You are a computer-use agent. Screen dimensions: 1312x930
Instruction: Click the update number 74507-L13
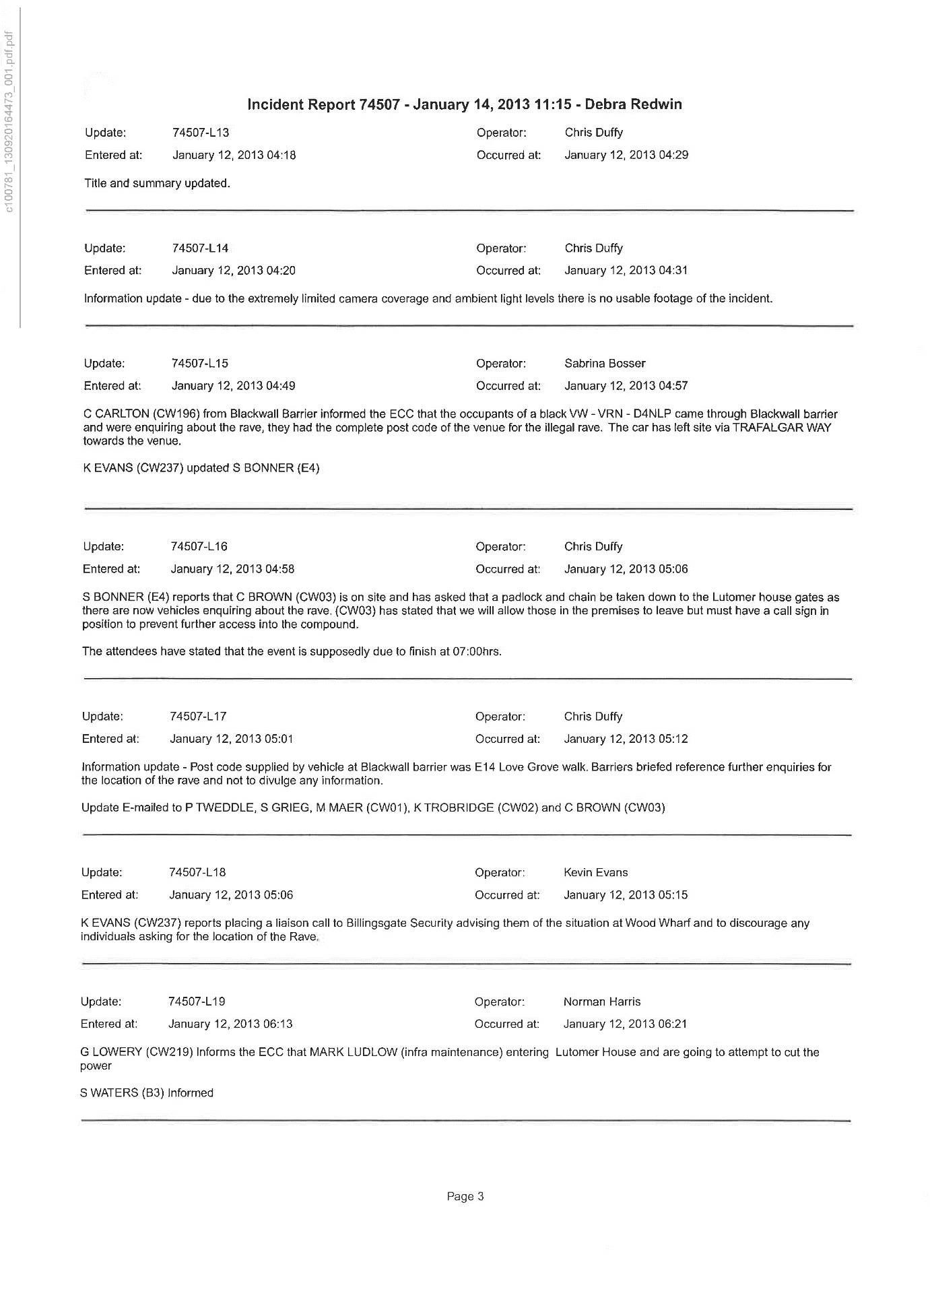click(201, 133)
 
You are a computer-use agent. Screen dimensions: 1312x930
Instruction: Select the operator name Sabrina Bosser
click(605, 364)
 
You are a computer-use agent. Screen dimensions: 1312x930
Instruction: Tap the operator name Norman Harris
click(602, 1002)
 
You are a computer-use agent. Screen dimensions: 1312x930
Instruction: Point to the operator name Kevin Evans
click(595, 873)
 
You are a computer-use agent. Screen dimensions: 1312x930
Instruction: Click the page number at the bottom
click(465, 1197)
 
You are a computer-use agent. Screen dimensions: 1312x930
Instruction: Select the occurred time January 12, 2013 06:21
click(625, 1024)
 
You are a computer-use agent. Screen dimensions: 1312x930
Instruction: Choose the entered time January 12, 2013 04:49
click(233, 386)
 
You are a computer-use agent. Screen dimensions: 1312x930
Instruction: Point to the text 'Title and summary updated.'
click(157, 183)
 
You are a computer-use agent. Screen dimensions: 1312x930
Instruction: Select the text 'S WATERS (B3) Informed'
click(146, 1092)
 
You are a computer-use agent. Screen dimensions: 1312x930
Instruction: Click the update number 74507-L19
click(197, 1002)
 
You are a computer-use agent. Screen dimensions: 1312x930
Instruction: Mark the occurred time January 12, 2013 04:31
click(626, 271)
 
